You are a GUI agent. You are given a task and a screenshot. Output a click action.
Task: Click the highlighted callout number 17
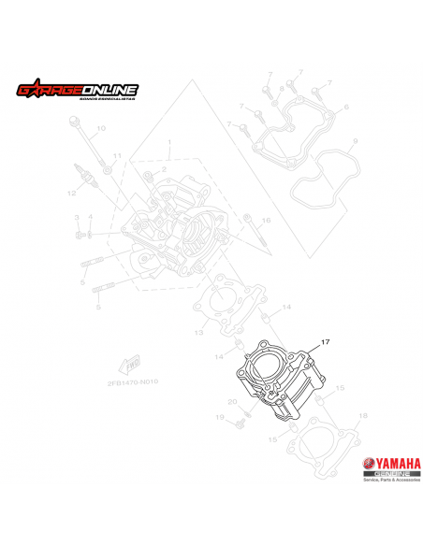(326, 342)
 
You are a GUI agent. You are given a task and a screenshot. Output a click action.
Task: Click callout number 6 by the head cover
(345, 108)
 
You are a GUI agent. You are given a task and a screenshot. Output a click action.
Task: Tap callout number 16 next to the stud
(266, 220)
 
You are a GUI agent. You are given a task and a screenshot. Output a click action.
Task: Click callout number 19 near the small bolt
(221, 417)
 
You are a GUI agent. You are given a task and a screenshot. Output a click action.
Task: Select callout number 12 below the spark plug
(70, 194)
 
